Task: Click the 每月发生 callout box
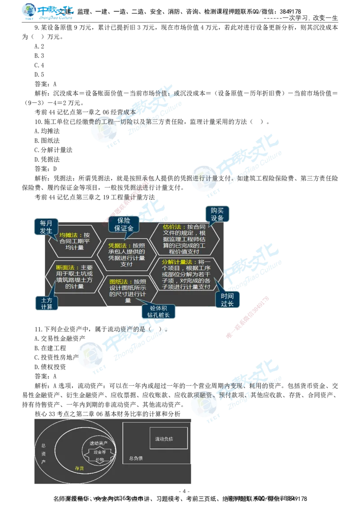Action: point(46,228)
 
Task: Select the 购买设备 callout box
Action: point(217,214)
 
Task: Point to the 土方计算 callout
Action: point(46,303)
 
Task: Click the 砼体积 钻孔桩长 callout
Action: point(158,312)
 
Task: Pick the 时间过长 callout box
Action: point(227,300)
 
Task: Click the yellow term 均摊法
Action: point(68,235)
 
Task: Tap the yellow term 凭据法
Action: point(117,246)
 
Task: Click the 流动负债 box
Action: point(168,438)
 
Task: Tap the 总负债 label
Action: point(136,459)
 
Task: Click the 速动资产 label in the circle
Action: point(99,443)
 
